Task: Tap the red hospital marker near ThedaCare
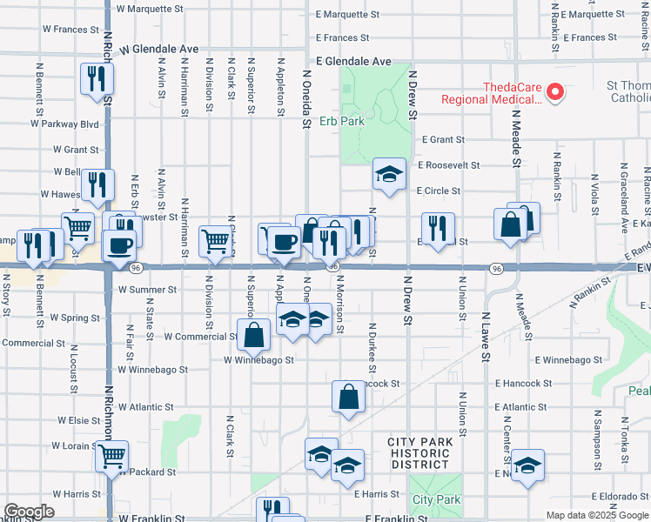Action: pos(560,90)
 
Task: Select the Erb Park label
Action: pos(341,121)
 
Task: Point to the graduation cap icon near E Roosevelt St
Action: pos(389,174)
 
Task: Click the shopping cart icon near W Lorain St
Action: pos(111,456)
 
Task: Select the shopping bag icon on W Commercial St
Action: pos(253,335)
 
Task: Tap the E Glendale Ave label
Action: pos(353,62)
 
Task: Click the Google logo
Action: pos(29,512)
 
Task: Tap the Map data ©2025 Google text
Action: pos(598,515)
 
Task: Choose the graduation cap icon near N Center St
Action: pos(527,465)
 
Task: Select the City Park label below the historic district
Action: pos(436,499)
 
